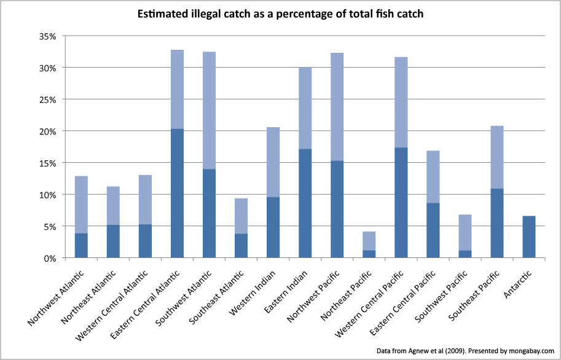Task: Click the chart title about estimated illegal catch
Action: tap(280, 14)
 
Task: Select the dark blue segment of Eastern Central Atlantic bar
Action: tap(177, 194)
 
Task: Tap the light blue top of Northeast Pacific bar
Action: tap(369, 241)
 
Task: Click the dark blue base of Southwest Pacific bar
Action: tap(465, 254)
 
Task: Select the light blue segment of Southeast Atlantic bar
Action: tap(241, 216)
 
